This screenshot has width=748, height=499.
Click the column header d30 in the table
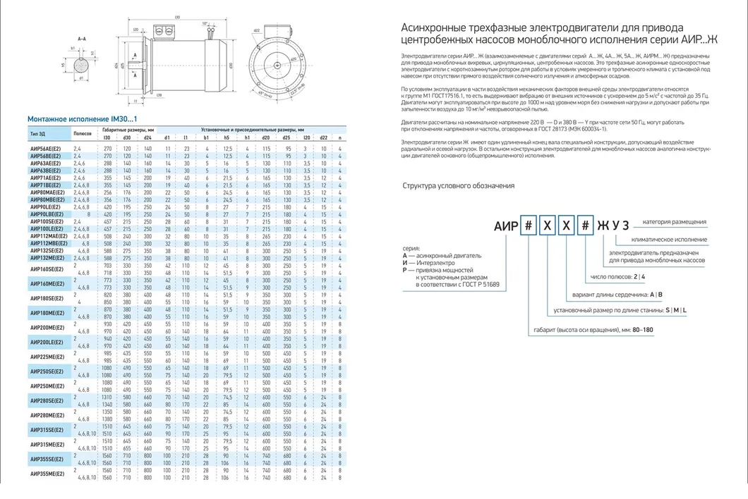point(128,137)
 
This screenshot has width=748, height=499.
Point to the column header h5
point(228,137)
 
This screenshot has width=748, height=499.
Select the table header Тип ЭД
point(38,133)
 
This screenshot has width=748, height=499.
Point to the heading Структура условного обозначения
point(458,186)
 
